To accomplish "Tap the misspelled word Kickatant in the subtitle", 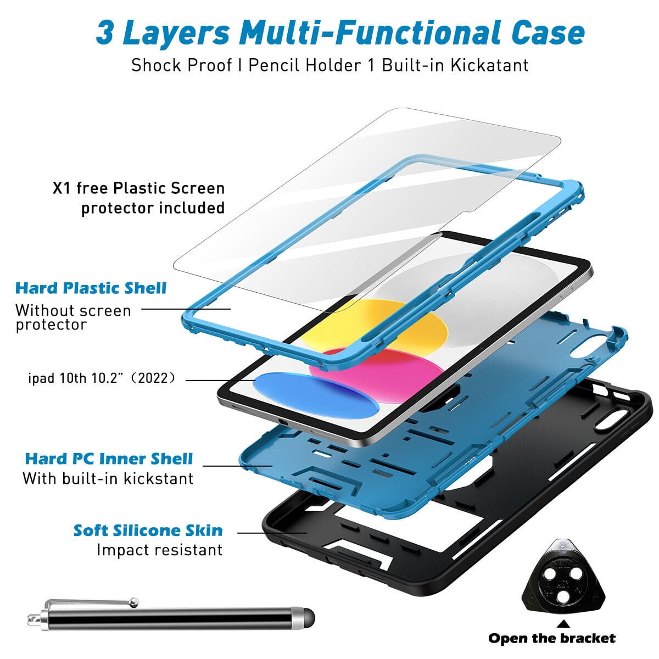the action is click(x=489, y=65).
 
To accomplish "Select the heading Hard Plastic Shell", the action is click(x=91, y=288).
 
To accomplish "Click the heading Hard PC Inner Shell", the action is click(x=109, y=459).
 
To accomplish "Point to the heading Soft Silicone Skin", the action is click(x=148, y=530).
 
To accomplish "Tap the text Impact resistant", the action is click(x=160, y=550).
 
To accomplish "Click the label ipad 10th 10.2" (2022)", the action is click(x=102, y=378).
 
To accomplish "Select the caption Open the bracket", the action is click(x=552, y=638).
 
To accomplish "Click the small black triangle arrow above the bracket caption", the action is click(x=563, y=624).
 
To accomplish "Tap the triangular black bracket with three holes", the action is click(x=563, y=577).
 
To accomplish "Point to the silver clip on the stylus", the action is click(x=92, y=602).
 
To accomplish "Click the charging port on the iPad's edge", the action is click(x=282, y=422).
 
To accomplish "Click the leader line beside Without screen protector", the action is click(x=186, y=309).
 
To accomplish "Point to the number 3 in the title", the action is click(x=104, y=33).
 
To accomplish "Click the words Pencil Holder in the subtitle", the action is click(x=304, y=65).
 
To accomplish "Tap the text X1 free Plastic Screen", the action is click(x=138, y=188).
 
